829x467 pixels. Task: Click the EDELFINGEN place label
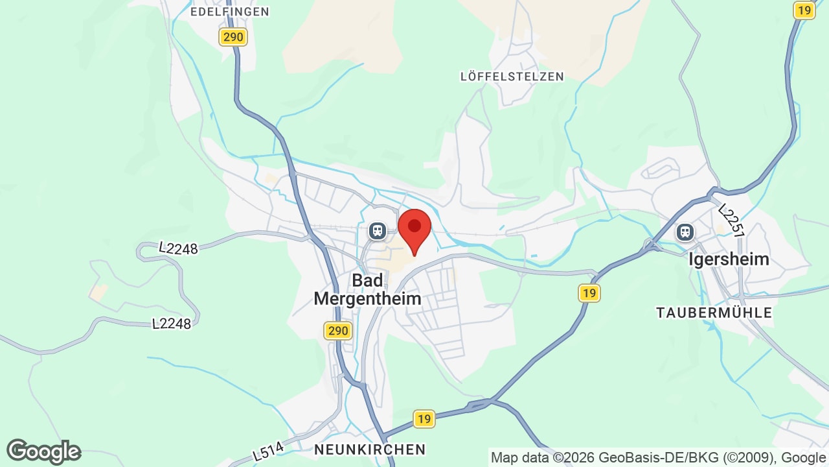tap(230, 12)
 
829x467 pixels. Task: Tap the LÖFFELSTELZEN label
tap(512, 77)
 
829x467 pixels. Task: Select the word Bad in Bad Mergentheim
tap(367, 280)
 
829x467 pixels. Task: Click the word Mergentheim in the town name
tap(367, 298)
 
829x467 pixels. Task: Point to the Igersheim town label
tap(729, 259)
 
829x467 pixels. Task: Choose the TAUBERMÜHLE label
tap(714, 313)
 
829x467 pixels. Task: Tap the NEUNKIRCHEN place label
tap(370, 449)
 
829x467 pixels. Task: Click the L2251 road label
tap(732, 221)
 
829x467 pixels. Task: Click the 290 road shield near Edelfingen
tap(233, 37)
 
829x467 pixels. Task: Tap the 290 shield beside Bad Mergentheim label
tap(337, 331)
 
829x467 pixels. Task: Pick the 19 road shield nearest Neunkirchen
tap(424, 419)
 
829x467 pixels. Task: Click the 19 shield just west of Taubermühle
tap(588, 293)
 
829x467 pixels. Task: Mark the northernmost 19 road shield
tap(804, 10)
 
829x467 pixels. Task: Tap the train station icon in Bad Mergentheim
tap(377, 230)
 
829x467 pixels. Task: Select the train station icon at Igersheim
tap(685, 232)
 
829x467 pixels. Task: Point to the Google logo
tap(43, 451)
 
